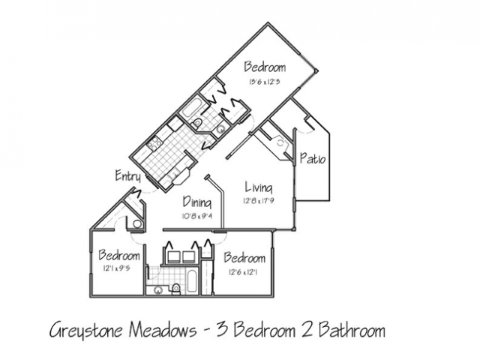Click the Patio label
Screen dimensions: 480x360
click(313, 158)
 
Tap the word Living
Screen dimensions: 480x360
click(259, 187)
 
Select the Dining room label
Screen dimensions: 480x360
click(197, 202)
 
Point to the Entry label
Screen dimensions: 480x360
click(128, 175)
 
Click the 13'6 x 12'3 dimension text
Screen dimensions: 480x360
click(265, 82)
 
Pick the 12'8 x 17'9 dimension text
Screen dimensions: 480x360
click(259, 202)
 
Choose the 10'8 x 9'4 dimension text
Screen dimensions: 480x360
click(197, 216)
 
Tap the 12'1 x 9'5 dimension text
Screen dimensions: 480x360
click(117, 268)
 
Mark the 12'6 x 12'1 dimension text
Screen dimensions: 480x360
click(243, 271)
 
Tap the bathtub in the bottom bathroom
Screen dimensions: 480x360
click(192, 280)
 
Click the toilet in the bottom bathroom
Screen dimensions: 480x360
click(176, 288)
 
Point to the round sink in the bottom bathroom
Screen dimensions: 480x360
click(158, 290)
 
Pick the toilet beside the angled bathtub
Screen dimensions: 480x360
click(196, 123)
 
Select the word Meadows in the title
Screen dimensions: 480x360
click(163, 330)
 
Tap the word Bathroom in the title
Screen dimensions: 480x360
click(352, 330)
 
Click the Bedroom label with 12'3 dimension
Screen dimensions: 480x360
click(265, 67)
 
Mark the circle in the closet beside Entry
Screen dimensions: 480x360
click(137, 224)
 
